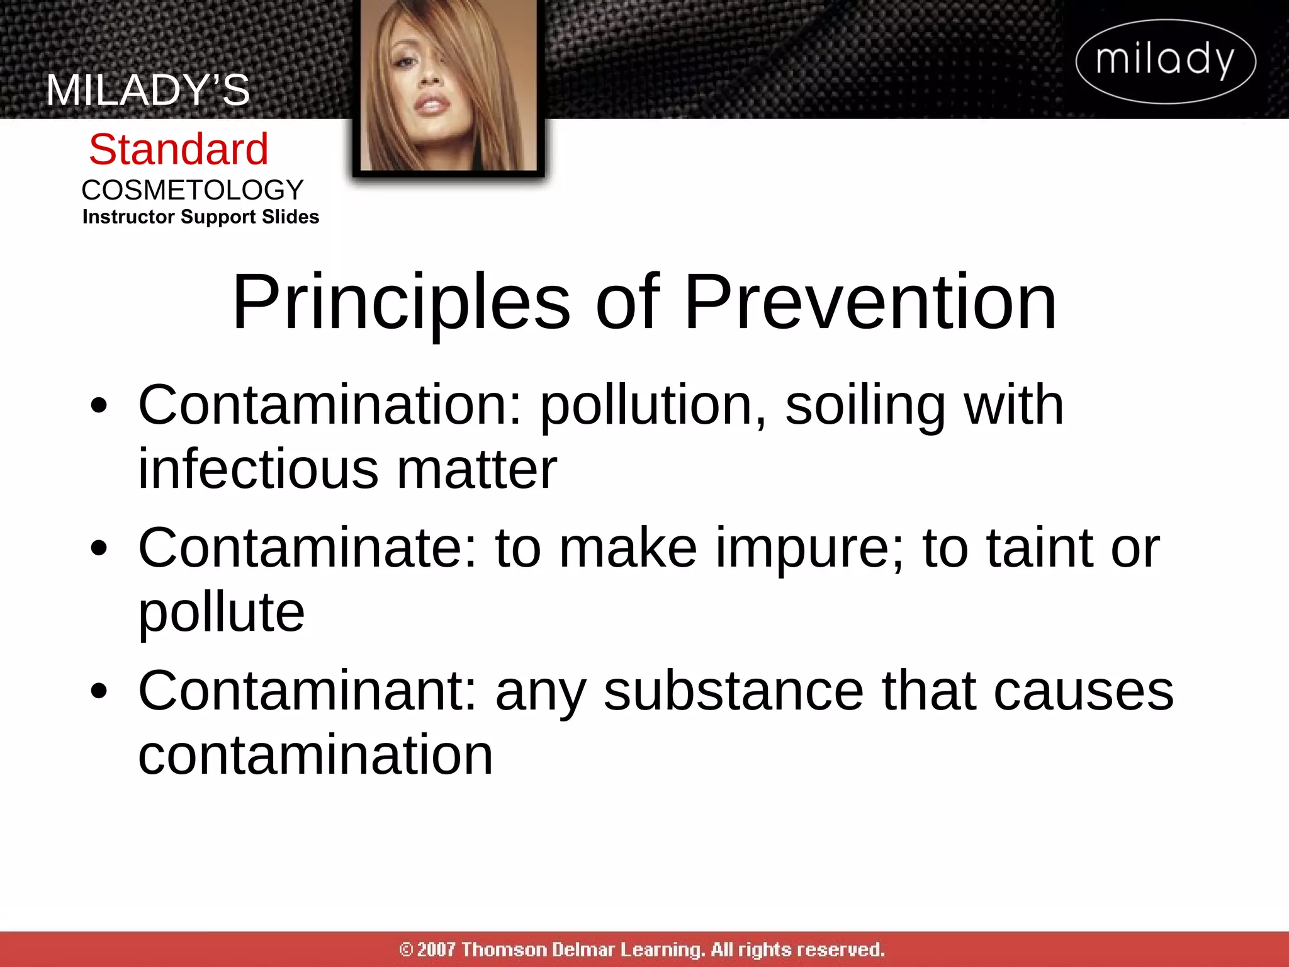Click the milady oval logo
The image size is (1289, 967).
[1166, 61]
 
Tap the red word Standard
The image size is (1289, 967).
[179, 149]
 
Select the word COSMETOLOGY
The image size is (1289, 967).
[193, 189]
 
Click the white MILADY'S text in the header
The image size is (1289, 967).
[148, 90]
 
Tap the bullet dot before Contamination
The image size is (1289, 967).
[99, 405]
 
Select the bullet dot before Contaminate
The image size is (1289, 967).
[99, 548]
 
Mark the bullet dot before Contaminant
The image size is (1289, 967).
[99, 691]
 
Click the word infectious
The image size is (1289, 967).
[258, 469]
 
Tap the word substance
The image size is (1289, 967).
[733, 691]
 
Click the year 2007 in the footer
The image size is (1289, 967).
[436, 949]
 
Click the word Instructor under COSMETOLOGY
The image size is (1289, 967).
[128, 217]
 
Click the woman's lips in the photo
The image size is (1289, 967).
[430, 105]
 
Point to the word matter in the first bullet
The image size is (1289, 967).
[476, 469]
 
